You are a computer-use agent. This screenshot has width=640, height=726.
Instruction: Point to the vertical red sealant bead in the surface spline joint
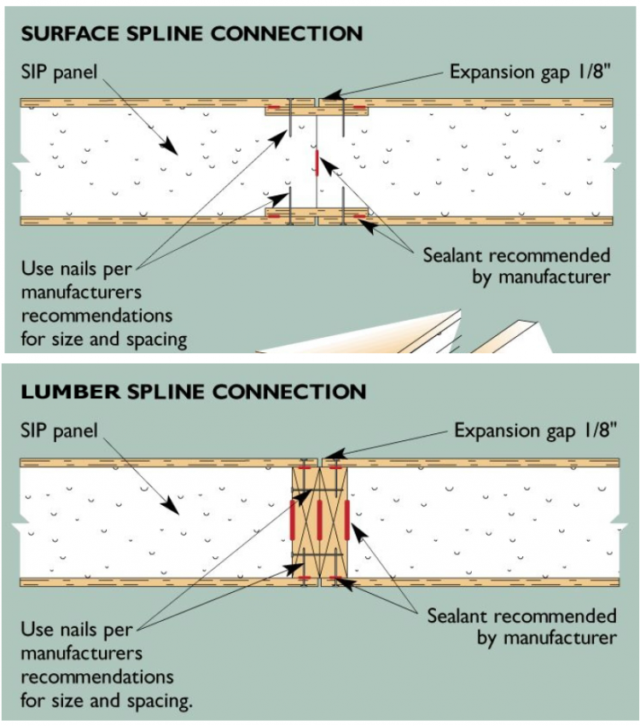[317, 163]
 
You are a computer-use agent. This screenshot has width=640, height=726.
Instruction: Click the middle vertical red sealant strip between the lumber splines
[319, 520]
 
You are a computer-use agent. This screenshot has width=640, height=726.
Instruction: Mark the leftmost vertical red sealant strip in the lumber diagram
[293, 520]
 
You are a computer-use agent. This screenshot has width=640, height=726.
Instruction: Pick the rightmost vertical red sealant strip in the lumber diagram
[346, 520]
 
